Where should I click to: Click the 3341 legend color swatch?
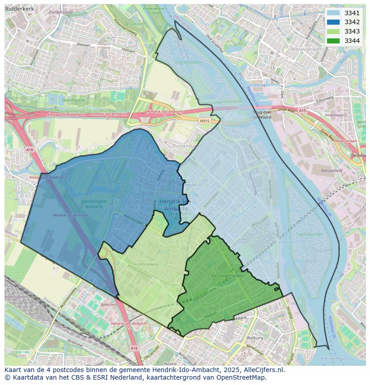[333, 13]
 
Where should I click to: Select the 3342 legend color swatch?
[333, 22]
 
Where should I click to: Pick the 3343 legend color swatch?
[333, 31]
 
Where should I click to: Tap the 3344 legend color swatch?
[333, 41]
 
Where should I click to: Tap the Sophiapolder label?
[308, 234]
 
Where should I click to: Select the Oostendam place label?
[185, 146]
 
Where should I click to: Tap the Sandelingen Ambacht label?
[94, 204]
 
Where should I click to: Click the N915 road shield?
[204, 121]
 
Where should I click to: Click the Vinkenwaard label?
[336, 115]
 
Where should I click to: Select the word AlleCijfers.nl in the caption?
[258, 370]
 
